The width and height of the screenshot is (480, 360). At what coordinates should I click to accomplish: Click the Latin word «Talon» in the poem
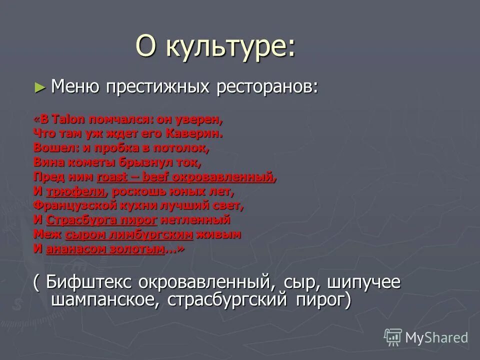click(69, 119)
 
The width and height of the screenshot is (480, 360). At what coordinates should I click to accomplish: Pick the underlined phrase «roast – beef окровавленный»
click(186, 177)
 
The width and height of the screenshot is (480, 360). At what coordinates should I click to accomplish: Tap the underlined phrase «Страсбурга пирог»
click(101, 220)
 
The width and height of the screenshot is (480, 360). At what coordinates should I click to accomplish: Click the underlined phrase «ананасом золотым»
click(105, 249)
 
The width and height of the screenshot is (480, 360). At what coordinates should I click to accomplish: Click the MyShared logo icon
click(393, 337)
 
